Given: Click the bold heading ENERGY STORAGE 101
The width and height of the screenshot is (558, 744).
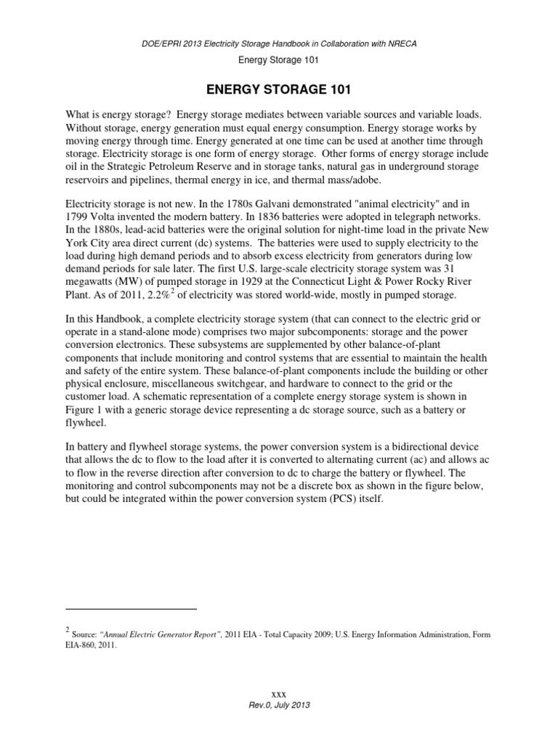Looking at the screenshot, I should tap(279, 89).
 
